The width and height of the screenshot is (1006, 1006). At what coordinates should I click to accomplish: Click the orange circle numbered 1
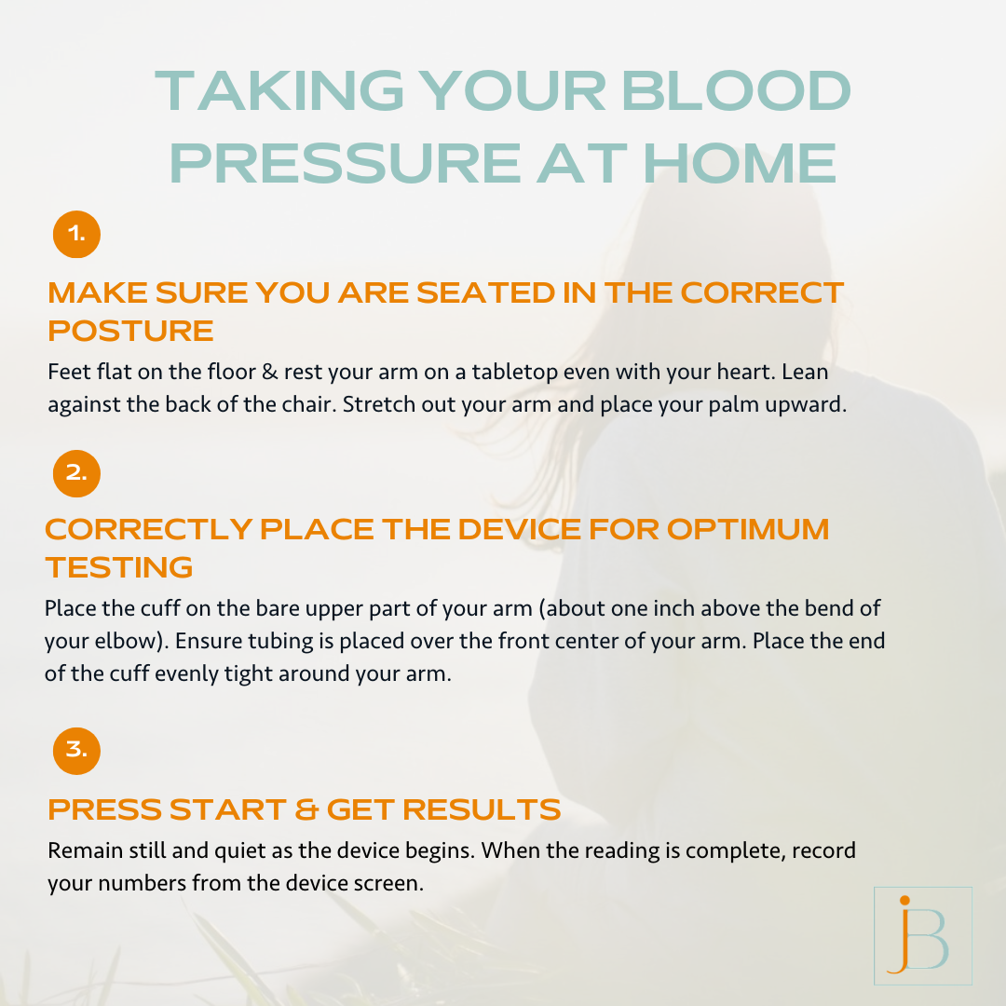point(76,235)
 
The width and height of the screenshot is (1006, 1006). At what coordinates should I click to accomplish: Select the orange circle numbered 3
point(76,750)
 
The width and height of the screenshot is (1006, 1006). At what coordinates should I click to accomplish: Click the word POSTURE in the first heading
point(130,331)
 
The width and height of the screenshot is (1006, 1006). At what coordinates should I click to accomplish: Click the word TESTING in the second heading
point(119,566)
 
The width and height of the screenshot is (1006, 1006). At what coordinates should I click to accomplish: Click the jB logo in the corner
point(922,935)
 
